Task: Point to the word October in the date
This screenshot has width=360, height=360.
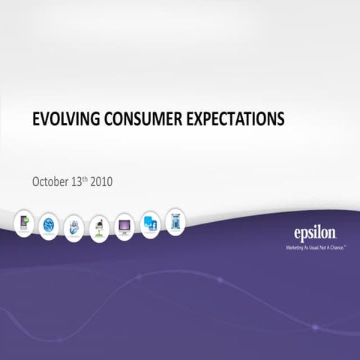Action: point(50,181)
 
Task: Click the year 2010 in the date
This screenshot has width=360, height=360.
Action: point(103,181)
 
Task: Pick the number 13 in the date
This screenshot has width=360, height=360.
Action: point(77,181)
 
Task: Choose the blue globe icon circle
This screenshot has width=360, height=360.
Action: point(49,223)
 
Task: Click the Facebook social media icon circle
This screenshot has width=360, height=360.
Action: point(150,223)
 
